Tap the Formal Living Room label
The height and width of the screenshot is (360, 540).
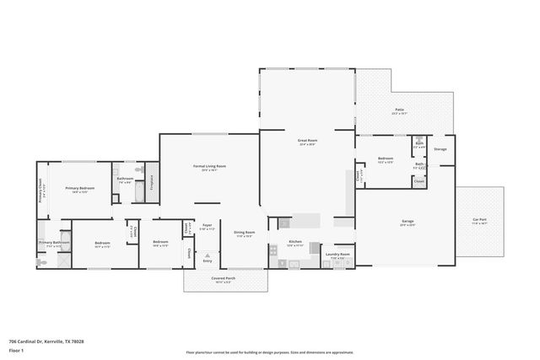(209, 168)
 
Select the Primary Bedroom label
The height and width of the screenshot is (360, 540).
(80, 189)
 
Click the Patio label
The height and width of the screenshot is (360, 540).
(399, 110)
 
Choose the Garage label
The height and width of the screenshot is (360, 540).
(407, 223)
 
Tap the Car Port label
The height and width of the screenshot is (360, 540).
(479, 221)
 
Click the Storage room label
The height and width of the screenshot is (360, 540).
(440, 149)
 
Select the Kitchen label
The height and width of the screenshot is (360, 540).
(295, 243)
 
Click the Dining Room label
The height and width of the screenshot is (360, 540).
(244, 234)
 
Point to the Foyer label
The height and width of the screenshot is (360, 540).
(207, 227)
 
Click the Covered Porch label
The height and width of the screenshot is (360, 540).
(224, 279)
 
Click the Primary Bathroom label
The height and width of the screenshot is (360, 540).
(53, 244)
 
